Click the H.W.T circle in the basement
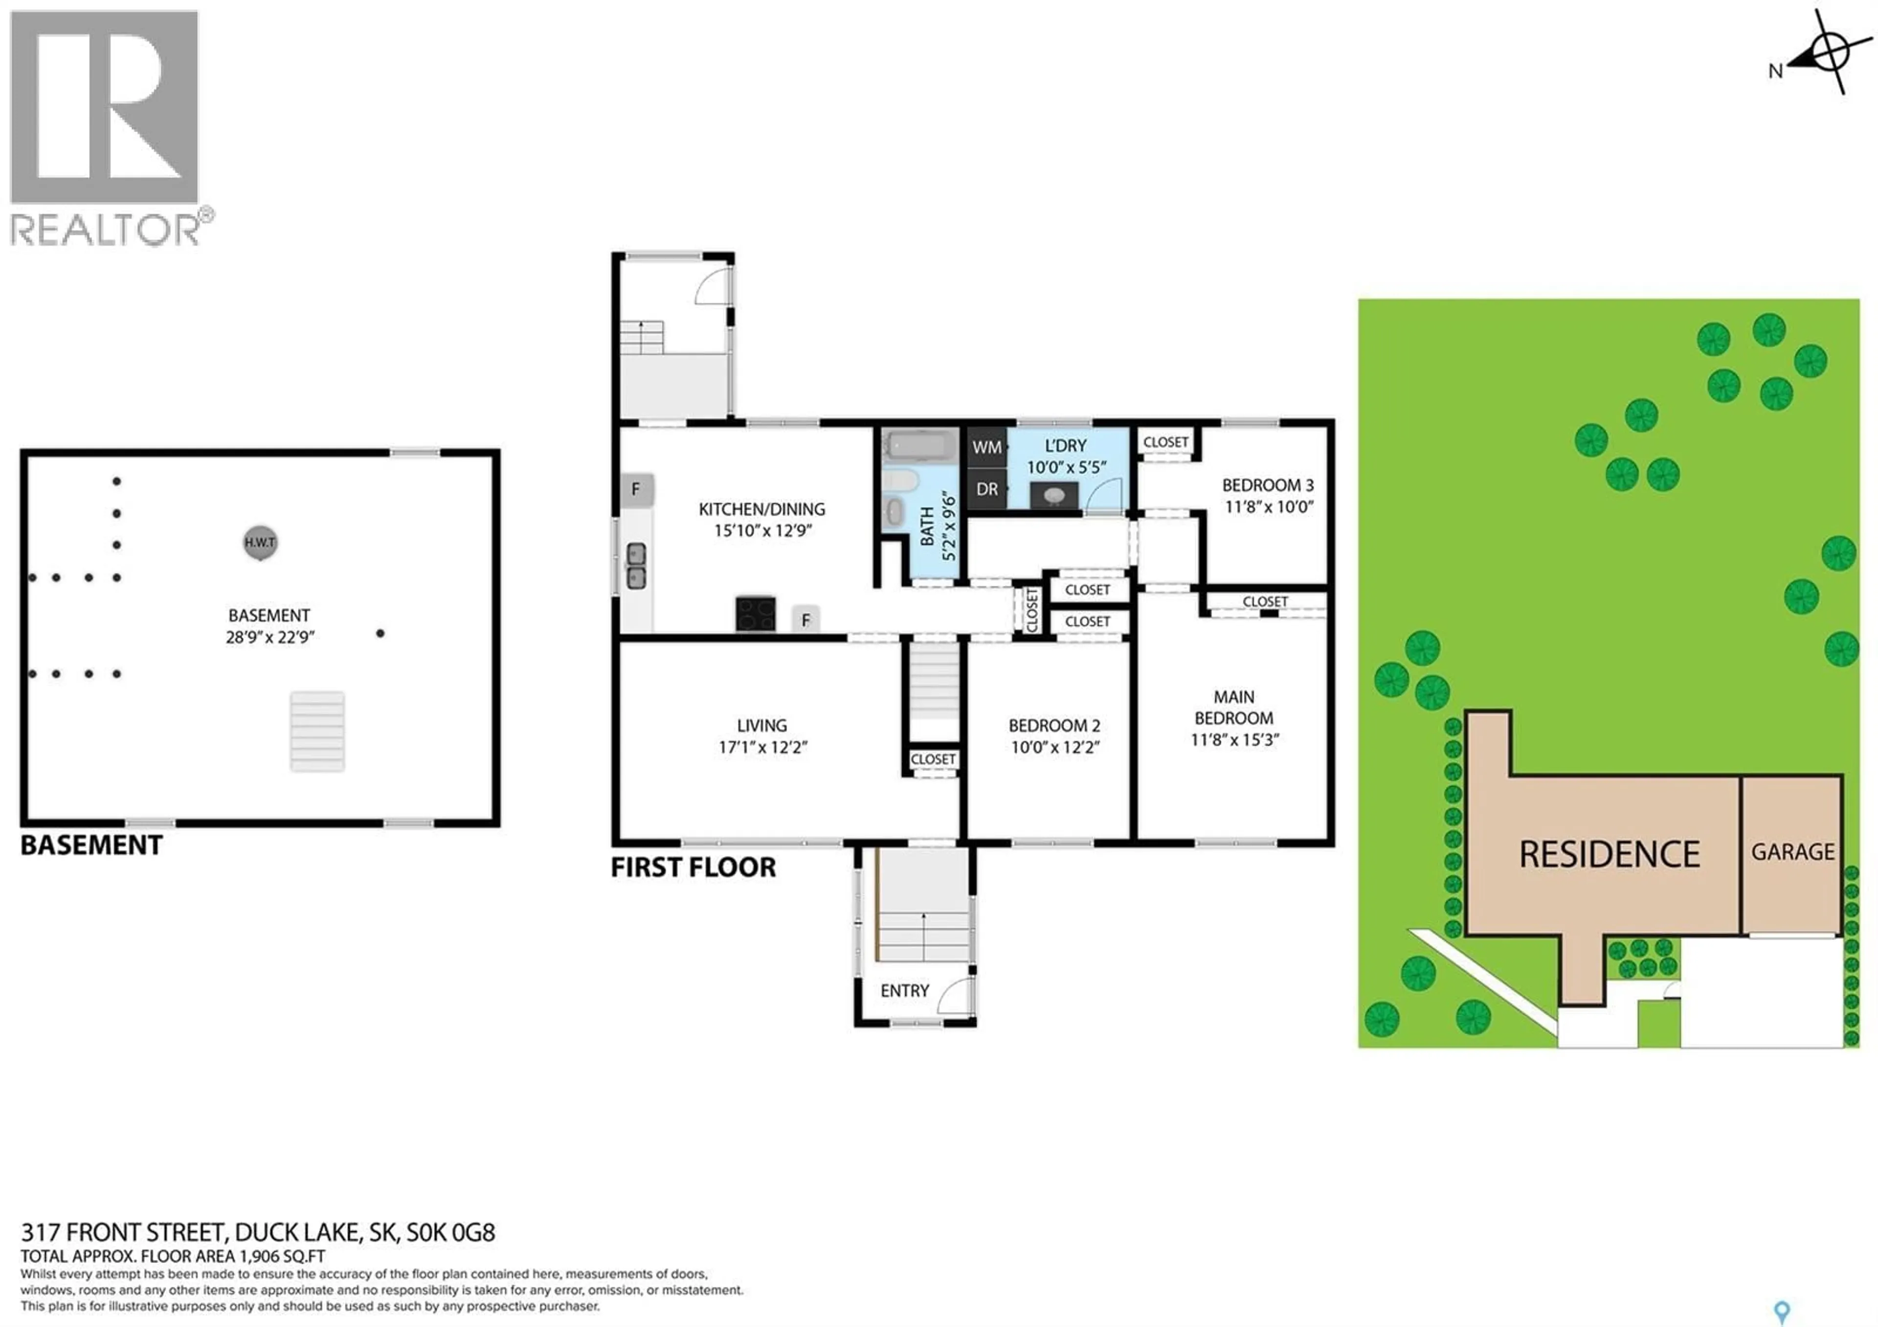260,543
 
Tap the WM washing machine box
986,448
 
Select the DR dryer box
986,489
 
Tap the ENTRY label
905,991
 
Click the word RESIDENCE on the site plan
1610,854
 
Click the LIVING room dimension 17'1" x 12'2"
762,747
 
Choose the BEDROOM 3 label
1268,485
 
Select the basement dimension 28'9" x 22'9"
270,637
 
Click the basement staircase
317,732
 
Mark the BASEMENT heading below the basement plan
91,845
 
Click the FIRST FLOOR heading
693,867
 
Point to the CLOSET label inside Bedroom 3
1165,442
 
